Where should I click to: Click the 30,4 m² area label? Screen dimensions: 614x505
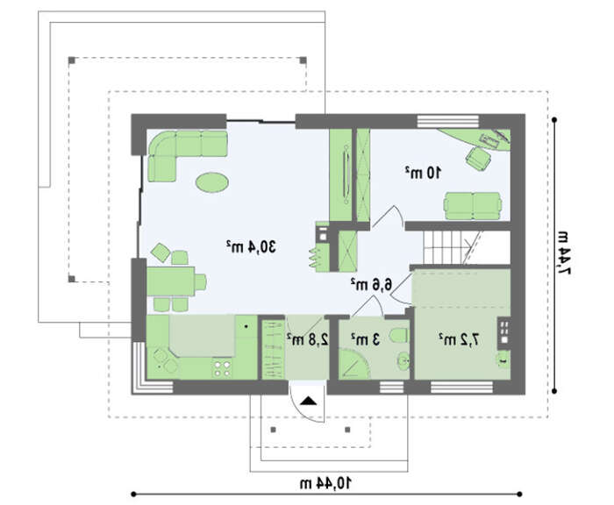coord(252,246)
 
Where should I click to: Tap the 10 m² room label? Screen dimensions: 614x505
coord(423,172)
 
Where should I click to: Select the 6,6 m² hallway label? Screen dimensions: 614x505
coord(371,284)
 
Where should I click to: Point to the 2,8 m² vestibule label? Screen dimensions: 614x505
coord(307,339)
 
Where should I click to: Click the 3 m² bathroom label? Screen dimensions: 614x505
coord(366,339)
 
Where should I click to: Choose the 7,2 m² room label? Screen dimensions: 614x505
coord(459,339)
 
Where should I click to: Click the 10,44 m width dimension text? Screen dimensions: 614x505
coord(325,483)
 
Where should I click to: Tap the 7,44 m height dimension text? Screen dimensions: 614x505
coord(563,253)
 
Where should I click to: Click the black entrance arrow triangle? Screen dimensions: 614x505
coord(309,402)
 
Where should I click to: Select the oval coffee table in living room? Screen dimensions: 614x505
coord(212,182)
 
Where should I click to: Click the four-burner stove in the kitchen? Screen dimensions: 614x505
coord(222,369)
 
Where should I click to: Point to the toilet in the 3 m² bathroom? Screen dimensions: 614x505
coord(399,336)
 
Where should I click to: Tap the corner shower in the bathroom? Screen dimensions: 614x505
coord(353,365)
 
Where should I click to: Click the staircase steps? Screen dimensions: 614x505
coord(453,247)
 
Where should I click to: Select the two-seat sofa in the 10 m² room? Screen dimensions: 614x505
coord(473,206)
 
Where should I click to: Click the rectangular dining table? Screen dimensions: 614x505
coord(171,281)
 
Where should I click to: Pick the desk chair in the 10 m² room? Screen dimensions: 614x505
coord(478,158)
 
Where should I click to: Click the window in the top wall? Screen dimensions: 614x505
coord(448,121)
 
